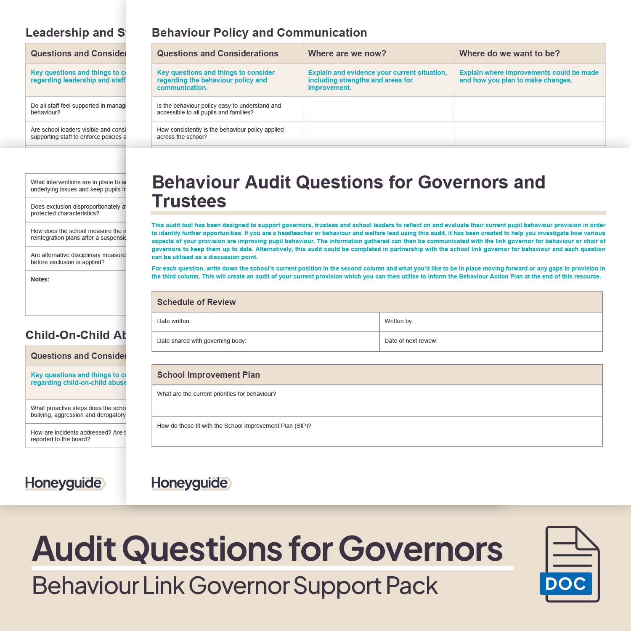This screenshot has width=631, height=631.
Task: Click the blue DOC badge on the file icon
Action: [x=565, y=583]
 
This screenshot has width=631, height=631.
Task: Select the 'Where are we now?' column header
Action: [x=347, y=53]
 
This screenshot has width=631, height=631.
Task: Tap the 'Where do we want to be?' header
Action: [x=509, y=53]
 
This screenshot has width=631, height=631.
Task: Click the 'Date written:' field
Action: [x=174, y=321]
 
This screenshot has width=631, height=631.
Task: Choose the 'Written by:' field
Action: [x=398, y=321]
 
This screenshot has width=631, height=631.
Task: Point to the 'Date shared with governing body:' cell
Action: [x=201, y=341]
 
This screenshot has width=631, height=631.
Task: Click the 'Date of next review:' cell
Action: [x=411, y=341]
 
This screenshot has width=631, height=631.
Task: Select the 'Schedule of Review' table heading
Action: [x=196, y=302]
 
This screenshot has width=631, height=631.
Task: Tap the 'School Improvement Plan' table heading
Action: [x=208, y=375]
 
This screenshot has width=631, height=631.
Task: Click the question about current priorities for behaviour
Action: [x=216, y=394]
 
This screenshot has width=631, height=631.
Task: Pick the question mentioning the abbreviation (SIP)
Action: [x=234, y=426]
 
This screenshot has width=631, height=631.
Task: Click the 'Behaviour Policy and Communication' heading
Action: [x=259, y=33]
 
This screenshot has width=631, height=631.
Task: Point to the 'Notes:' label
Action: [x=40, y=279]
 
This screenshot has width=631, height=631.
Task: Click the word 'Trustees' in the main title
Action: [x=189, y=201]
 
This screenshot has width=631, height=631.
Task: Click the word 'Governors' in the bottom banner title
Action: [x=420, y=549]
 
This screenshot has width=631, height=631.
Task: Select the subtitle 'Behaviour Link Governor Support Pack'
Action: [x=235, y=586]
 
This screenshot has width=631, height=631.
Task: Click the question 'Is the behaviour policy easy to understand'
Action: [x=219, y=109]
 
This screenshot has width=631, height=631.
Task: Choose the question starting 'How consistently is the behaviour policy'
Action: [x=220, y=133]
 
